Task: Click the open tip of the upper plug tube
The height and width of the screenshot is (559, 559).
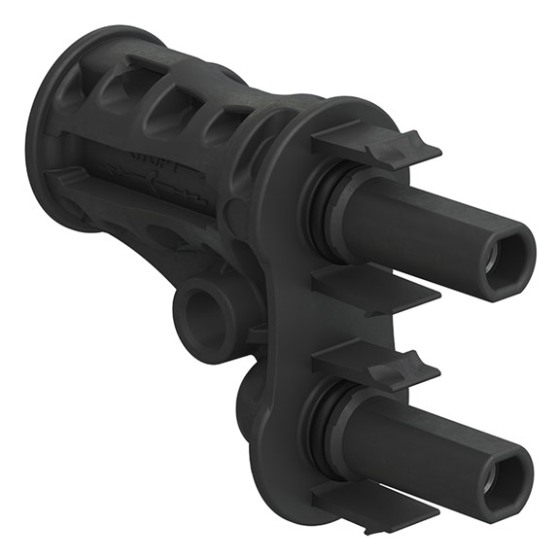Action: (507, 255)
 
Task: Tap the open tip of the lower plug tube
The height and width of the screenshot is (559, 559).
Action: (506, 474)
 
